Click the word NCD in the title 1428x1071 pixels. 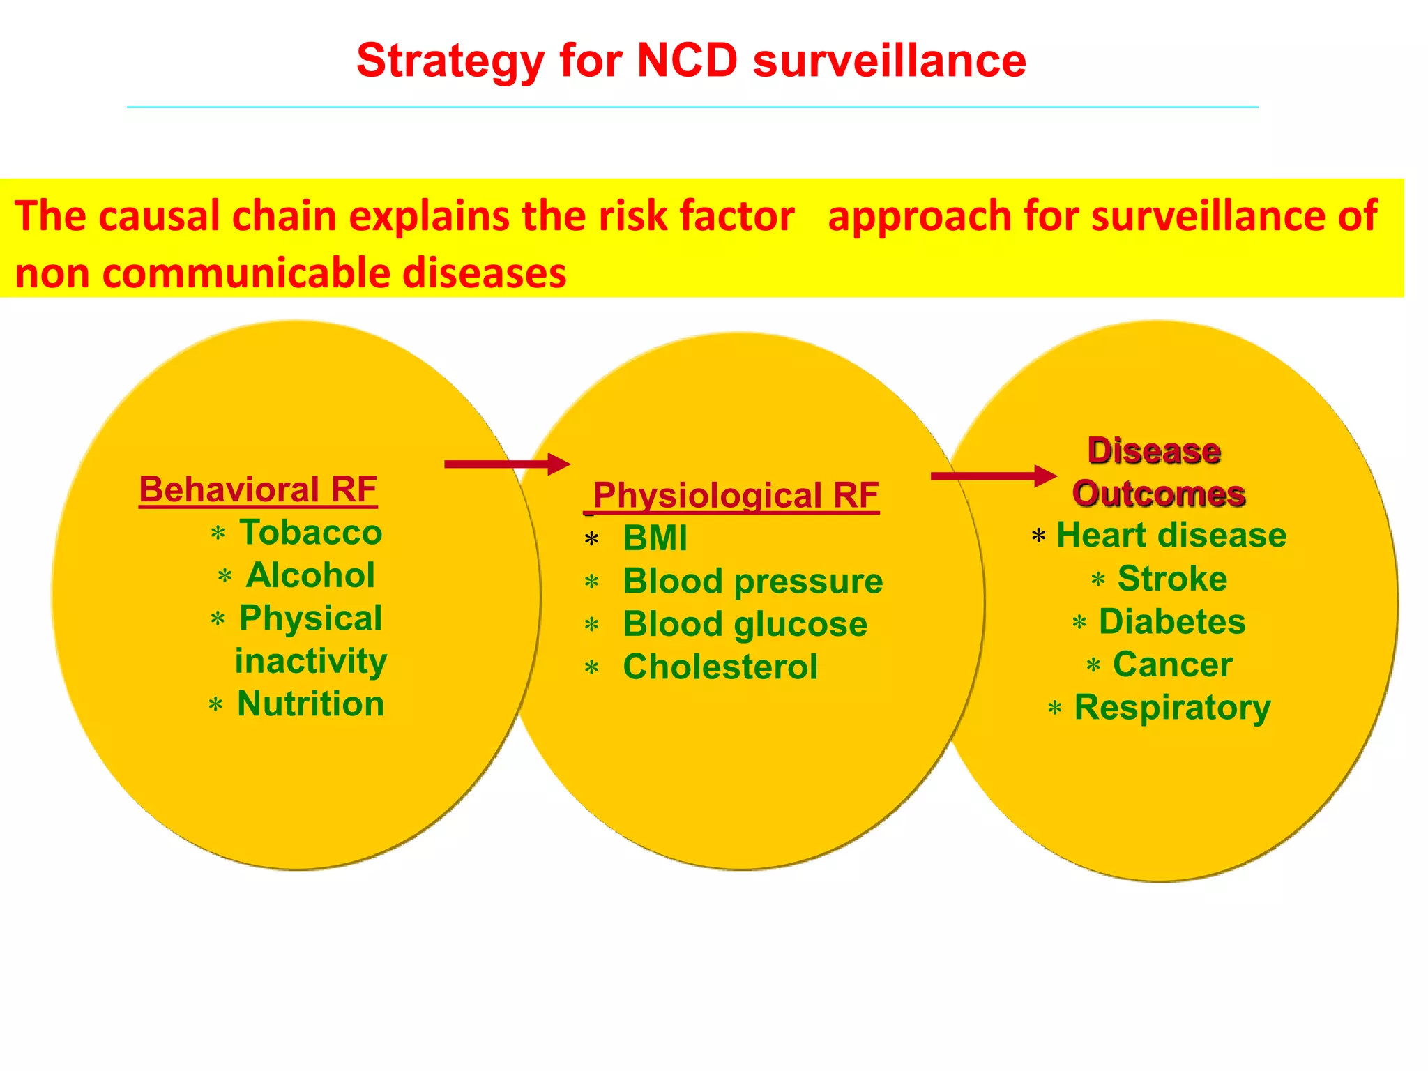click(687, 61)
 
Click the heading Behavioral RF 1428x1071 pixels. click(258, 489)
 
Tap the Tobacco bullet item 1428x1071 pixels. click(311, 533)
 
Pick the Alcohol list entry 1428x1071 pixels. click(310, 575)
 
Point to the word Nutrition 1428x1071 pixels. click(311, 704)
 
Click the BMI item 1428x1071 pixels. click(655, 538)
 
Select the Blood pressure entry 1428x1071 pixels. click(752, 581)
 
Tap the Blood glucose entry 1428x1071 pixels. click(745, 624)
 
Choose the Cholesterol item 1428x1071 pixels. click(720, 667)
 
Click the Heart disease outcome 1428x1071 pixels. click(1171, 535)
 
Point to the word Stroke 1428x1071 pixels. click(1172, 579)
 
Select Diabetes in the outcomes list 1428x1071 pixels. click(1171, 622)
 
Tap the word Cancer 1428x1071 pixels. click(1172, 664)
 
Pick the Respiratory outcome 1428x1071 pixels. click(1172, 708)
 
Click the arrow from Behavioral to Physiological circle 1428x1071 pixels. click(507, 464)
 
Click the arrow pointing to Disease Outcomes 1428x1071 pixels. click(994, 476)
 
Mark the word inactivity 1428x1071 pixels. click(311, 661)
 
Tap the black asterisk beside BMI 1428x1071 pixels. click(592, 540)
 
